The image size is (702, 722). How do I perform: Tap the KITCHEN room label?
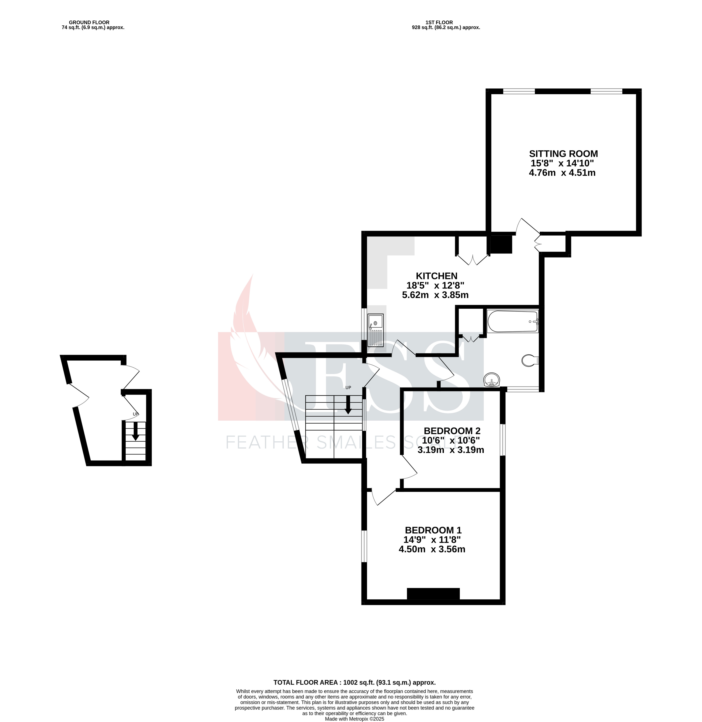pos(436,276)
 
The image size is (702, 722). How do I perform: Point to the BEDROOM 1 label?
pos(433,530)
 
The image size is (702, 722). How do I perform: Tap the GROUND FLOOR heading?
pos(89,22)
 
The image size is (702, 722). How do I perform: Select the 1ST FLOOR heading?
pos(439,22)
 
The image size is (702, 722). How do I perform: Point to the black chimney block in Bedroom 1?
pos(433,594)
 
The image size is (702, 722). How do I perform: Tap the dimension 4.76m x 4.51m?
pos(562,173)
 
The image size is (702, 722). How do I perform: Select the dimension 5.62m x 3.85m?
pos(435,295)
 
